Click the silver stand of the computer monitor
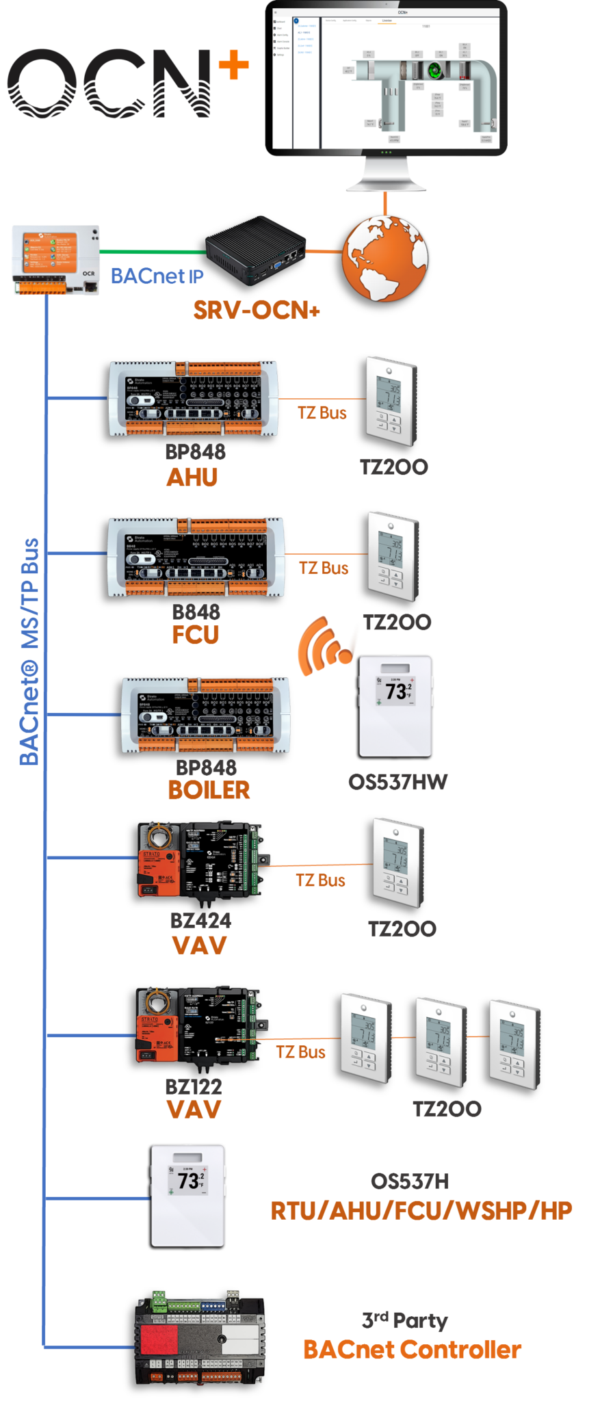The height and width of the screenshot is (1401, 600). (x=386, y=174)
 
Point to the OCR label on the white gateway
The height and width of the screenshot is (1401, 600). (x=89, y=273)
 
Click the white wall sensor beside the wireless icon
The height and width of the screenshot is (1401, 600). (x=396, y=705)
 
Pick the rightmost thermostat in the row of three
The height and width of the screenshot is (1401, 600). (x=514, y=1044)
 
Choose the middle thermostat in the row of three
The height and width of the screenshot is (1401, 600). (x=441, y=1041)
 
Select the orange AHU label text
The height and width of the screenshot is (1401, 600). (x=192, y=477)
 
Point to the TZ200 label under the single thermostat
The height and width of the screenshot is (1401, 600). (x=402, y=928)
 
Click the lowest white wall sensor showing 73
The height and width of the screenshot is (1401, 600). (x=187, y=1194)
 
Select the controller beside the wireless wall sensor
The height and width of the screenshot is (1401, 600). (x=205, y=715)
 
